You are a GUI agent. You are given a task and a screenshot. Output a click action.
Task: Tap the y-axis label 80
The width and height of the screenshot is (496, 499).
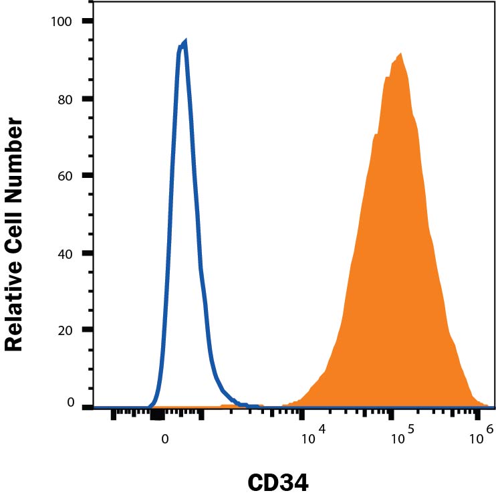64,99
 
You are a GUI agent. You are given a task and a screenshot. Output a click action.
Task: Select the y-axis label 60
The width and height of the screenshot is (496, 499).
64,176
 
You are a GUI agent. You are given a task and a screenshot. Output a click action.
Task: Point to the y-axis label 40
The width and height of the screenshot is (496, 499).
64,254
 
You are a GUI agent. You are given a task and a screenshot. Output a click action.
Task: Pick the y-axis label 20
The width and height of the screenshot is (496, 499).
64,330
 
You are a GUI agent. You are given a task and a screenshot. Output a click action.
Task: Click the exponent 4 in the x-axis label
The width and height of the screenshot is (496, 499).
322,434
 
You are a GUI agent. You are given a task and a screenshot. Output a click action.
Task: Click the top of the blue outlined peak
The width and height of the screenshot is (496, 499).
184,41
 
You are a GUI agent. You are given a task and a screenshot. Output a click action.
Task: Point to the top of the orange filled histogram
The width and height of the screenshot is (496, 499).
400,54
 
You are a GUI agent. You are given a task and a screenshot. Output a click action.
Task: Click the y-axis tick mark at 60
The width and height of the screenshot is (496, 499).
87,176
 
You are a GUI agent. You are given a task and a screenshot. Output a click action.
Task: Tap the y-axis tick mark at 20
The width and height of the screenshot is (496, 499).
87,330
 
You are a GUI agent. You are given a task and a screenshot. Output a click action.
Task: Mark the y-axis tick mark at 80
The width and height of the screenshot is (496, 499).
87,99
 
